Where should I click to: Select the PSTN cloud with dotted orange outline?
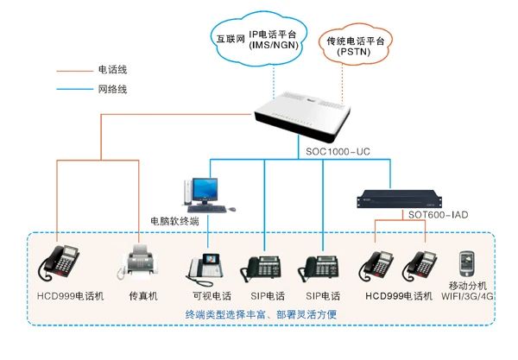coord(357,49)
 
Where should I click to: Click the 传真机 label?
coord(142,296)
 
